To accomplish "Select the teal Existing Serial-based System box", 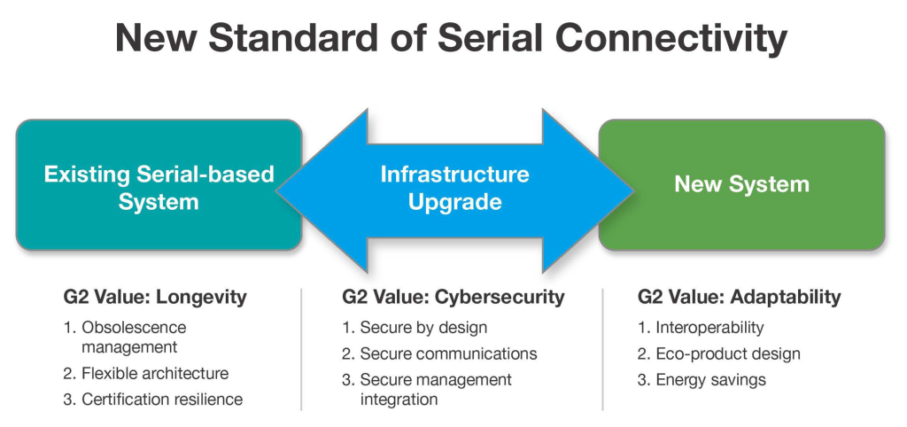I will [x=159, y=187].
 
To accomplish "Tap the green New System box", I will [x=741, y=184].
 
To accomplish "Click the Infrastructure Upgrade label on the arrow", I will [x=454, y=187].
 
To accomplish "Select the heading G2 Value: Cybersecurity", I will [x=453, y=297].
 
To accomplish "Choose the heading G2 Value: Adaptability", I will [x=739, y=297].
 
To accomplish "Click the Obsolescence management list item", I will [x=133, y=338].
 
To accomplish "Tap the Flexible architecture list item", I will [x=154, y=374].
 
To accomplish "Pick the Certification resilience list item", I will [x=161, y=400].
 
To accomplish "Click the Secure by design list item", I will [x=422, y=328].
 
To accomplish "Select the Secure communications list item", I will [x=447, y=353].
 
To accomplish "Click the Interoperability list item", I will [x=709, y=328].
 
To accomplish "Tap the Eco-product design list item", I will [x=727, y=353].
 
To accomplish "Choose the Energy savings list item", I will [x=710, y=380].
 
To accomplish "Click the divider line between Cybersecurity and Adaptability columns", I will [x=602, y=350].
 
